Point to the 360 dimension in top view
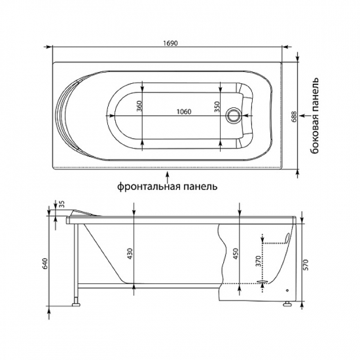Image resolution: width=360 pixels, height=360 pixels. [x=139, y=107]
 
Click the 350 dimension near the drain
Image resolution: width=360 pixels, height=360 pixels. [x=216, y=107]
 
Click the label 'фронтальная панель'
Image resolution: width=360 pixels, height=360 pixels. [x=168, y=185]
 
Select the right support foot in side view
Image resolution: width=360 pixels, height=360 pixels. [x=287, y=303]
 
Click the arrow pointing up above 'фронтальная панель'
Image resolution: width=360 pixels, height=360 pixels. [x=168, y=174]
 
